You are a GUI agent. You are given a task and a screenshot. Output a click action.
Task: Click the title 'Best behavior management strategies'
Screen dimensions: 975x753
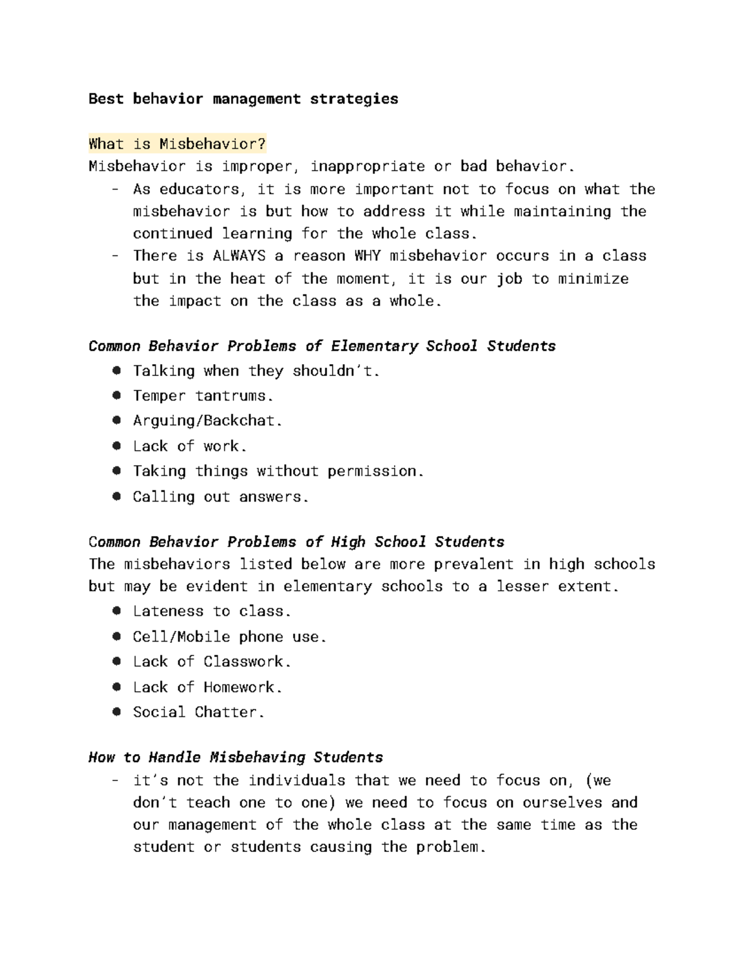243,99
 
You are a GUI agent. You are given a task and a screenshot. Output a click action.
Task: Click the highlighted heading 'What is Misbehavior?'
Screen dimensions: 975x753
177,144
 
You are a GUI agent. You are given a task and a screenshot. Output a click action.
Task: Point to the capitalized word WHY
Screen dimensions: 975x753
366,256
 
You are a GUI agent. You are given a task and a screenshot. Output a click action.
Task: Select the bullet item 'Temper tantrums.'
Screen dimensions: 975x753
203,396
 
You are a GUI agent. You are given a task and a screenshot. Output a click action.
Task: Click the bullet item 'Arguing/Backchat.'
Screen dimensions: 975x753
207,421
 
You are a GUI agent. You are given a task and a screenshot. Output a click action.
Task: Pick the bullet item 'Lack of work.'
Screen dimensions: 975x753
190,446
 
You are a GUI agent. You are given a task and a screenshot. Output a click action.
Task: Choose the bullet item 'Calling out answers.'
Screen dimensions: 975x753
220,497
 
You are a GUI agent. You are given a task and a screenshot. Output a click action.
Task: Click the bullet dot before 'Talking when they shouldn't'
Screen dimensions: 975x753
116,370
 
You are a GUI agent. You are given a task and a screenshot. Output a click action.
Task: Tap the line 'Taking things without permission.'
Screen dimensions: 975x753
278,471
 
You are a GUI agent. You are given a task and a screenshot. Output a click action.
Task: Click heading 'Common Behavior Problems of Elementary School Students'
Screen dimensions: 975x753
322,347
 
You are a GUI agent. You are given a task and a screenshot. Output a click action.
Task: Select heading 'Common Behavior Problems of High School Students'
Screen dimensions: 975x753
296,542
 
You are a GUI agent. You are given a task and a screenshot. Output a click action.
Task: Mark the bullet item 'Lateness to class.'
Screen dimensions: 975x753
211,611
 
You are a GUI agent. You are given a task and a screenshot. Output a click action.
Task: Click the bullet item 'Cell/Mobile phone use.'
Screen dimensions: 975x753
229,637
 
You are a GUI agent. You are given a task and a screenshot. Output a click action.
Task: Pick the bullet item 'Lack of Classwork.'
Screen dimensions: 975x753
211,662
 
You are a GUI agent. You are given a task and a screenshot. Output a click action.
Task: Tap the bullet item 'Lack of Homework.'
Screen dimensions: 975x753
207,687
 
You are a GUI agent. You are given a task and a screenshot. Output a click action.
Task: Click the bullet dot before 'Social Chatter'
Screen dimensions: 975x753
116,712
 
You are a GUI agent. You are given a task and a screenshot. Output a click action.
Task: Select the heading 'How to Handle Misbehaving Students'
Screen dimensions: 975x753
235,758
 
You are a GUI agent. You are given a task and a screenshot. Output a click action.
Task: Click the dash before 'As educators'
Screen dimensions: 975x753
115,190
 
